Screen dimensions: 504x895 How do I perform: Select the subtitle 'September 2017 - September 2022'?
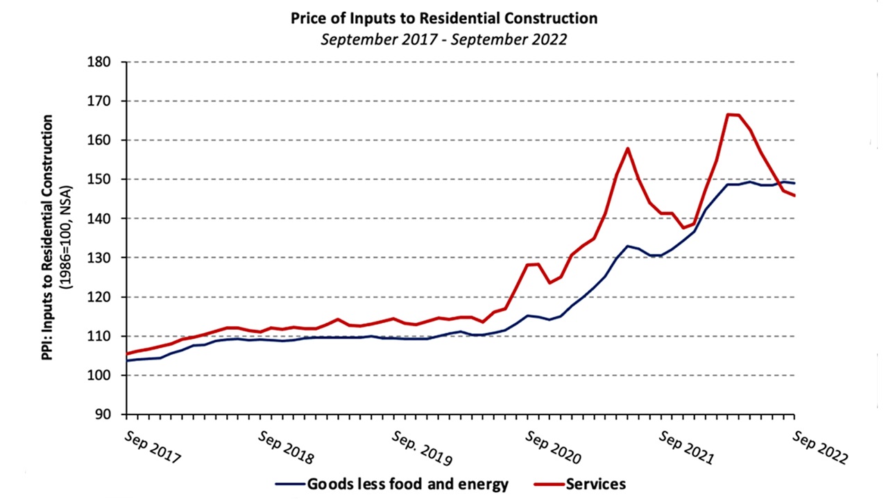443,39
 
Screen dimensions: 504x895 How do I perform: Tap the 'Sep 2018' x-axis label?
286,448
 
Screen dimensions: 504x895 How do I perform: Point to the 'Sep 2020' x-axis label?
553,448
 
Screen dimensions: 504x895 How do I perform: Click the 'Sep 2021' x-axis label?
687,448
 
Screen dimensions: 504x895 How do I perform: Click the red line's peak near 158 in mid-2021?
628,148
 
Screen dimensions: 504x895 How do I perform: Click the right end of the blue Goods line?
794,183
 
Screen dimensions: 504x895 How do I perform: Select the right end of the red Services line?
794,196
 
